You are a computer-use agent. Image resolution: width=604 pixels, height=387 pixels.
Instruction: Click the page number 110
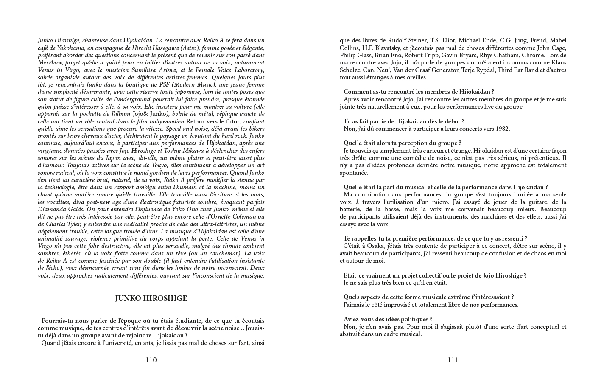151,360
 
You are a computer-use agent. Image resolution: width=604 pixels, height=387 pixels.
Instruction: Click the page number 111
453,360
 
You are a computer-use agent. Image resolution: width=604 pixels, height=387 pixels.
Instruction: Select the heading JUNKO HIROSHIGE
151,299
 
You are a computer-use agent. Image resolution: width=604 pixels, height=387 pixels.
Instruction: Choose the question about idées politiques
388,319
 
